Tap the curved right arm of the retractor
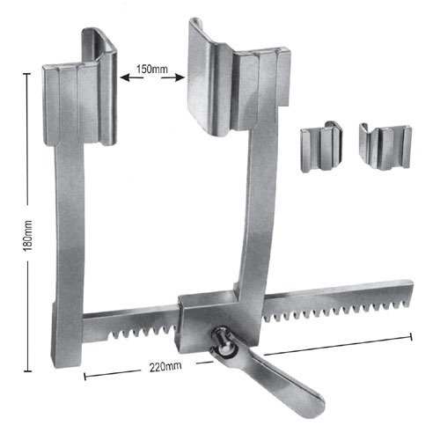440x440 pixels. [x=261, y=220]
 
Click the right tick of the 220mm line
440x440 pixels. [x=411, y=333]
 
